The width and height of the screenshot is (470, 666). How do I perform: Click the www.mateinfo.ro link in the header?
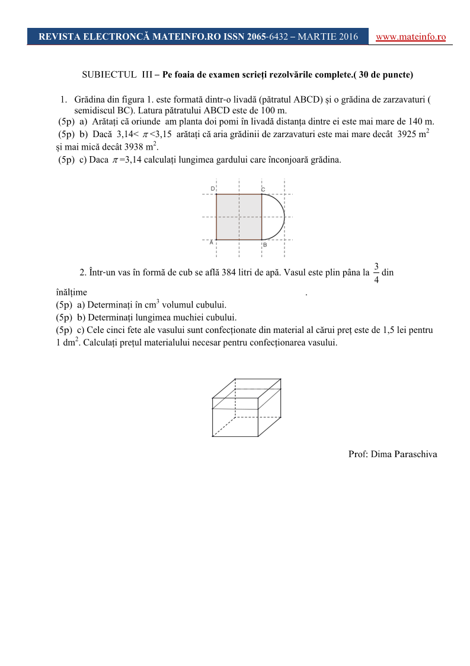(x=411, y=37)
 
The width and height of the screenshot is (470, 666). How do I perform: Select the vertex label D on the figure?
(x=213, y=189)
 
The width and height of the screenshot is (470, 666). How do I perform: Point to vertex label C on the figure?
(x=263, y=189)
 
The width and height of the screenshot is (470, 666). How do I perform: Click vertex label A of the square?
(x=212, y=243)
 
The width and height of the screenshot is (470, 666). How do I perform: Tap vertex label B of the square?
(x=265, y=244)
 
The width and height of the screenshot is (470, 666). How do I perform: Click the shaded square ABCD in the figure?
(x=239, y=217)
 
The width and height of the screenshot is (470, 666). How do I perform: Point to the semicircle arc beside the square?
(x=283, y=217)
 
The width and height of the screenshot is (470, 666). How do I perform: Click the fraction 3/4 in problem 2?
(x=376, y=272)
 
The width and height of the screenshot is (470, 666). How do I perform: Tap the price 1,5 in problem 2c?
(x=373, y=330)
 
